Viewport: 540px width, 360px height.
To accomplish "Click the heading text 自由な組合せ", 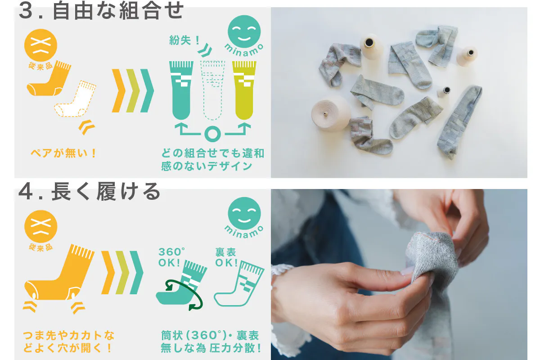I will click(118, 11).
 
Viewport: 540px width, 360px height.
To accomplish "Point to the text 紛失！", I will click(184, 40).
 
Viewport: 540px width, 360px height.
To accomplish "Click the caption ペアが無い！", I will click(63, 153).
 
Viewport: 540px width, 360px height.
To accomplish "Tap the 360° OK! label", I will click(172, 257).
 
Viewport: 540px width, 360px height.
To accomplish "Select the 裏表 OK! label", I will click(226, 257).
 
